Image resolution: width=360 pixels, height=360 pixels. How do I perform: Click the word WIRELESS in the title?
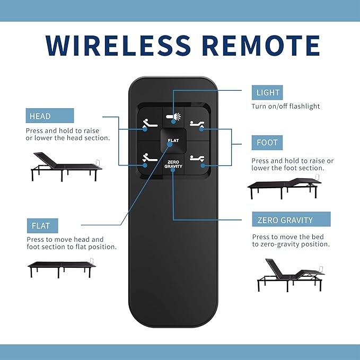pos(118,46)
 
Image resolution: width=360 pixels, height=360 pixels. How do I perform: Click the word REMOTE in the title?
pos(260,46)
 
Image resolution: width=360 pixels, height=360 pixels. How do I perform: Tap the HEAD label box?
pos(50,116)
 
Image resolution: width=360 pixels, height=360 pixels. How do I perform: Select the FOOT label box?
pos(267,143)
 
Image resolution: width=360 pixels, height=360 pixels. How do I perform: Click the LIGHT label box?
pos(267,93)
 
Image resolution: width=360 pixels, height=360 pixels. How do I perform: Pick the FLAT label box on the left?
pos(42,226)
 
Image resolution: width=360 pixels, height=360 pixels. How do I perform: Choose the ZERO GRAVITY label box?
pos(292,219)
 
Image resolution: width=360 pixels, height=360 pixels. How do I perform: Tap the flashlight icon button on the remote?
pos(173,117)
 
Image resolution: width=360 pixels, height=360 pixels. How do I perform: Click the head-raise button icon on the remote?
pos(150,124)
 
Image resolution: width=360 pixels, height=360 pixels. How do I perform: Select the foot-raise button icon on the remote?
pos(197,124)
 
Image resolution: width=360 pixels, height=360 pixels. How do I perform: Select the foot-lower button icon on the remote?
pos(197,159)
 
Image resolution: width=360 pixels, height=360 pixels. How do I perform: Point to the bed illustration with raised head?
pos(66,166)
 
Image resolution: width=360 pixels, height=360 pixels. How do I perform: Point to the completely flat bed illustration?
pos(62,268)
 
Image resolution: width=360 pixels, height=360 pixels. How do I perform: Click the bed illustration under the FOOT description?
pos(285,187)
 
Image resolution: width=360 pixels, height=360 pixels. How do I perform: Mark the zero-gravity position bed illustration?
pos(291,275)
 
